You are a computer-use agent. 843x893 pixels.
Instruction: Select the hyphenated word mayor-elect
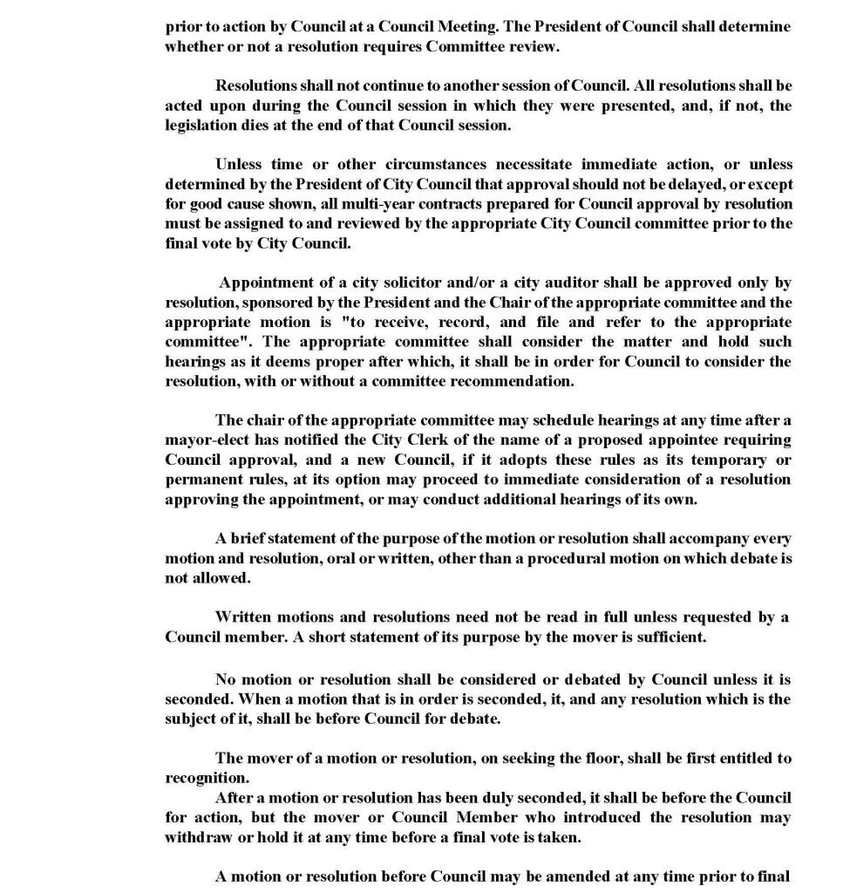point(206,440)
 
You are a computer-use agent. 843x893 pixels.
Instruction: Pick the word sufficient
point(663,637)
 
